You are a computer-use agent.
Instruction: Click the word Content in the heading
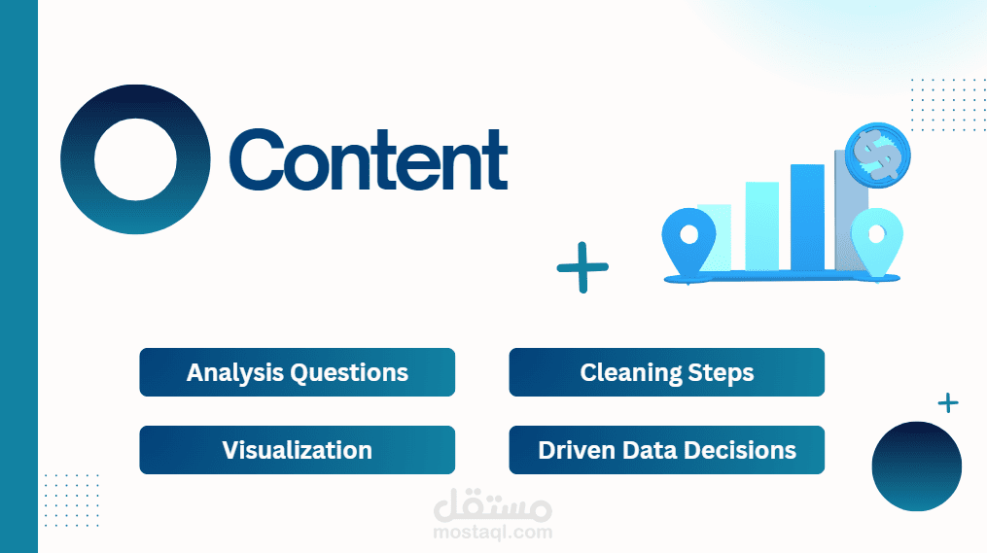369,158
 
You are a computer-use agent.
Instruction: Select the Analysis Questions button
298,372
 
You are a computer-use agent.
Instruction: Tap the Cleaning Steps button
667,372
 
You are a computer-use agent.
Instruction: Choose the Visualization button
298,450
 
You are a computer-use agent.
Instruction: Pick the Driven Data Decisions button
667,450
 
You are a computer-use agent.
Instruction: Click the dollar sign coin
877,156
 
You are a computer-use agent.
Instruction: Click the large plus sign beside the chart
582,267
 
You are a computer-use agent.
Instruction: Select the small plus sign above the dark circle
948,402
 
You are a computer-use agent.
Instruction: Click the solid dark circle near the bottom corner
916,467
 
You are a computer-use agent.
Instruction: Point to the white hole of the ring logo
135,159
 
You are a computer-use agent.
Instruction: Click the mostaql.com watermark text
493,533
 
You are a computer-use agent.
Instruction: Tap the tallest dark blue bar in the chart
808,218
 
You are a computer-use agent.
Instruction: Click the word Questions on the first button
349,373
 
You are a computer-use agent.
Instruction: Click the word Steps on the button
721,373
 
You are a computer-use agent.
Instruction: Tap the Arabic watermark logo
493,505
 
